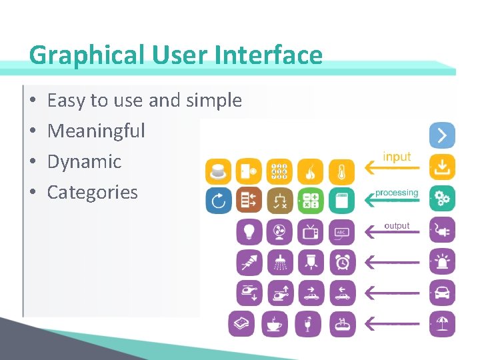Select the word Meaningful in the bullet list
point(96,131)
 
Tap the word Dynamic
point(84,161)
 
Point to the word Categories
point(92,193)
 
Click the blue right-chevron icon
point(441,135)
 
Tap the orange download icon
point(441,167)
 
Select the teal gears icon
point(441,199)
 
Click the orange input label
point(397,157)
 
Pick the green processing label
point(397,193)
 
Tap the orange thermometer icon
point(342,171)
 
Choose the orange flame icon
point(311,171)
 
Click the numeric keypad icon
point(280,171)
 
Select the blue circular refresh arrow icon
point(218,200)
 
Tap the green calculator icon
point(311,200)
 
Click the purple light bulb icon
point(249,231)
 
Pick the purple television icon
point(311,231)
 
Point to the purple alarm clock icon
point(342,263)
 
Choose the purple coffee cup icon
point(274,324)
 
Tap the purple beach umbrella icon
point(441,324)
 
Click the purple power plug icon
point(441,230)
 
